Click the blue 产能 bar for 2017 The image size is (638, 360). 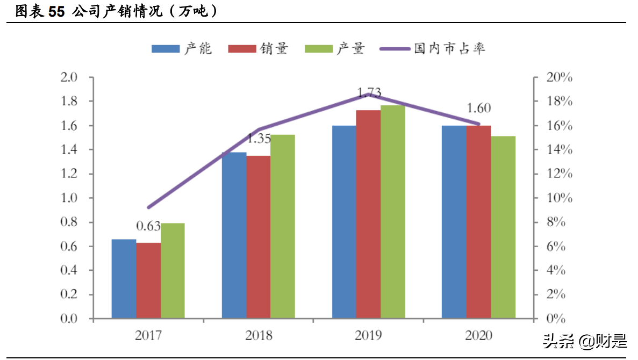[124, 279]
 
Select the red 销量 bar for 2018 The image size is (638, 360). [259, 237]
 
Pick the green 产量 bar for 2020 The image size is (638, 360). [503, 227]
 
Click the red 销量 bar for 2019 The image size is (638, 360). [368, 214]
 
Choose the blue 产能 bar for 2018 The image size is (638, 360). [234, 235]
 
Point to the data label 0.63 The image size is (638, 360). [148, 226]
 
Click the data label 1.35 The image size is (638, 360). [259, 139]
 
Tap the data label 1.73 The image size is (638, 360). [369, 92]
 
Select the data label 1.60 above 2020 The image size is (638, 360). [478, 108]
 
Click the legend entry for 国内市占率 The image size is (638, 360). [433, 49]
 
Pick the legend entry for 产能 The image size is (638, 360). [182, 49]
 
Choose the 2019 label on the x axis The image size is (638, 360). [368, 336]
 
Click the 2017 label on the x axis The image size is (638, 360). [148, 336]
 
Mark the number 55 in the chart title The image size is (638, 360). [56, 12]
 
